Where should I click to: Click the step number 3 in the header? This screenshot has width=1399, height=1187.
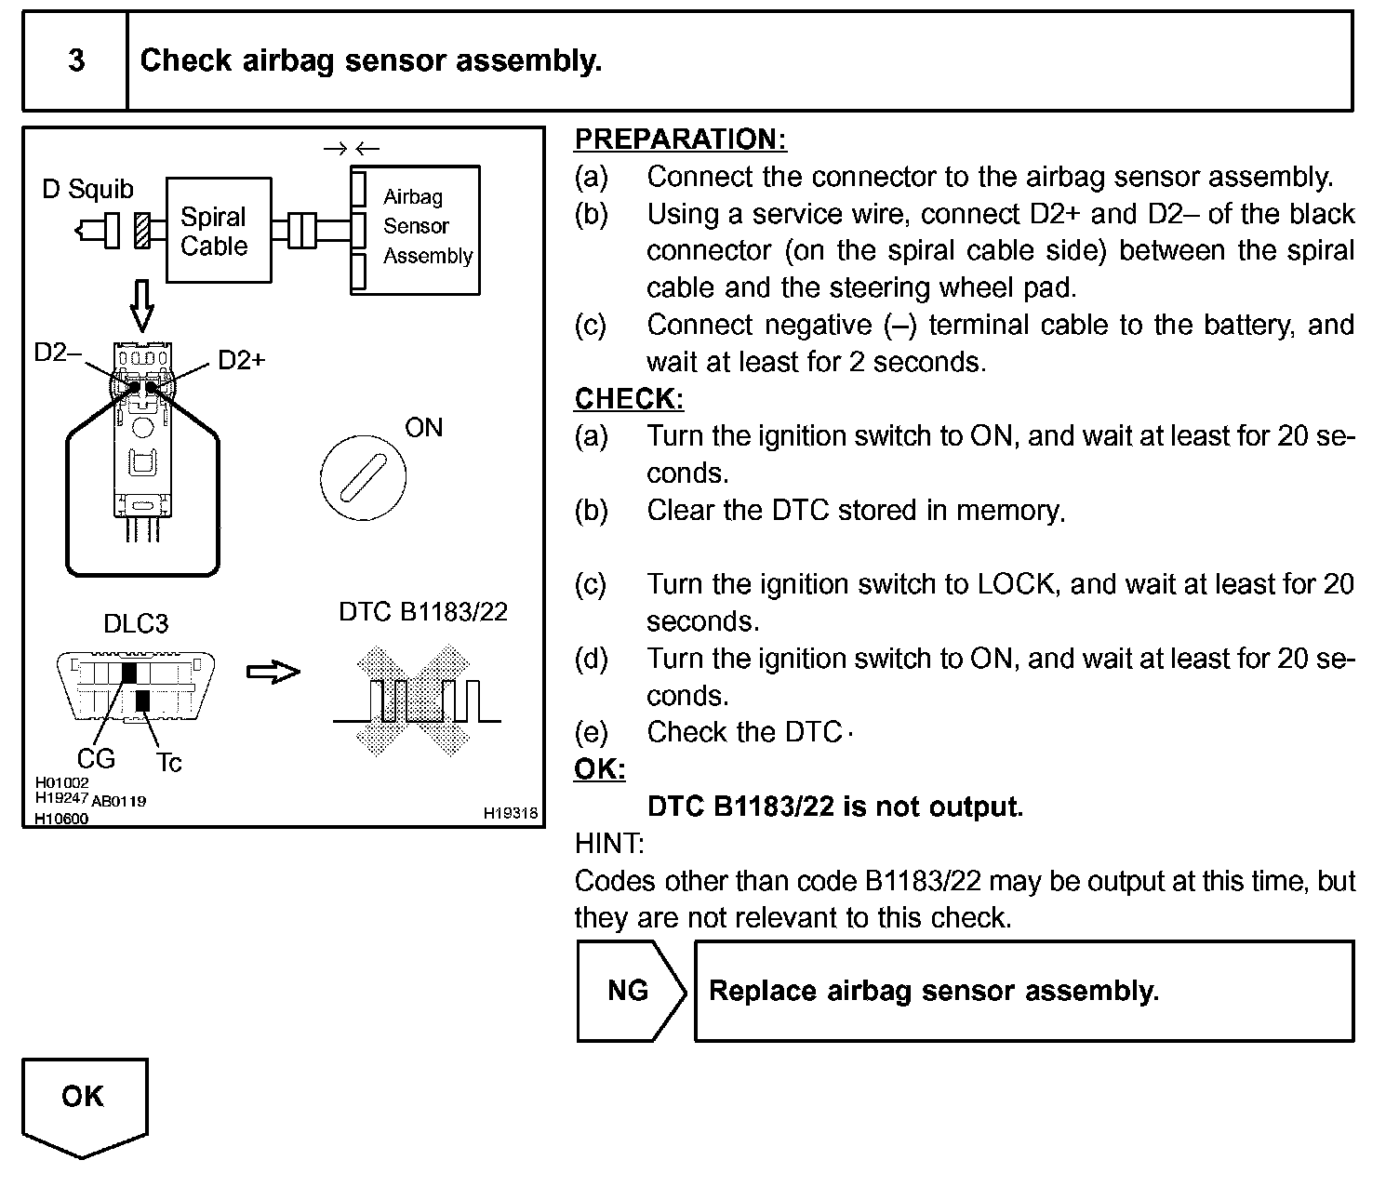pos(76,61)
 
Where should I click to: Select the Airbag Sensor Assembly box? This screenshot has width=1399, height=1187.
pos(416,229)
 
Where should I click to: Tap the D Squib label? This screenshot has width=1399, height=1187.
pos(88,190)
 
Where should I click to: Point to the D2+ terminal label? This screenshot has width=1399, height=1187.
pos(242,360)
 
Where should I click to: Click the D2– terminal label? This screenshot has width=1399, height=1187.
pos(58,353)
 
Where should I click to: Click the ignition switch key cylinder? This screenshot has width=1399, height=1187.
pos(363,476)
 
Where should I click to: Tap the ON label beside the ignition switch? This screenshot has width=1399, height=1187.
pos(424,428)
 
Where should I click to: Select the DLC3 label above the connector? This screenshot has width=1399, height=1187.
pos(136,623)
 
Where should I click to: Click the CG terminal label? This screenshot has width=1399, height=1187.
pos(95,759)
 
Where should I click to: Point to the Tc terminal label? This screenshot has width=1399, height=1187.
pos(168,763)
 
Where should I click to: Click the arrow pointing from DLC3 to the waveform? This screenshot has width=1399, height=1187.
pos(273,673)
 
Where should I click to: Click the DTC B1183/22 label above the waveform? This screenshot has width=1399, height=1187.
pos(423,611)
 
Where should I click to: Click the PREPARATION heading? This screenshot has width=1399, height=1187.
pos(680,140)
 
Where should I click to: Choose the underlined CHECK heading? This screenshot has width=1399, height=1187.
pos(629,398)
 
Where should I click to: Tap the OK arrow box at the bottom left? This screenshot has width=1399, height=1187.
pos(84,1102)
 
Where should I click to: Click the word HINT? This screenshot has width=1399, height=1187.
pos(608,844)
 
